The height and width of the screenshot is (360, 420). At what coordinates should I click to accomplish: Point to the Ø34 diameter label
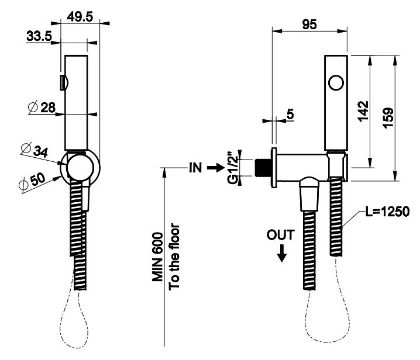pos(35,150)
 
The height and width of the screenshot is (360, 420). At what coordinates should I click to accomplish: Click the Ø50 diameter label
pos(32,181)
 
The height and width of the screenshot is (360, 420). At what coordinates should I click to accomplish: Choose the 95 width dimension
pos(309,25)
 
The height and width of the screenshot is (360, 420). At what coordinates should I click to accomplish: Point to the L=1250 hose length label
pos(386,212)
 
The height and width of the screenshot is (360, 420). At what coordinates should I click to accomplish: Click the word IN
pos(195,168)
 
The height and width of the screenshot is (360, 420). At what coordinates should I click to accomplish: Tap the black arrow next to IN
pos(215,168)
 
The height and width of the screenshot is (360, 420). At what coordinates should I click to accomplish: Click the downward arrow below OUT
pos(281,252)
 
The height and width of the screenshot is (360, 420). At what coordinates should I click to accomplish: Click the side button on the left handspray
pos(62,82)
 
